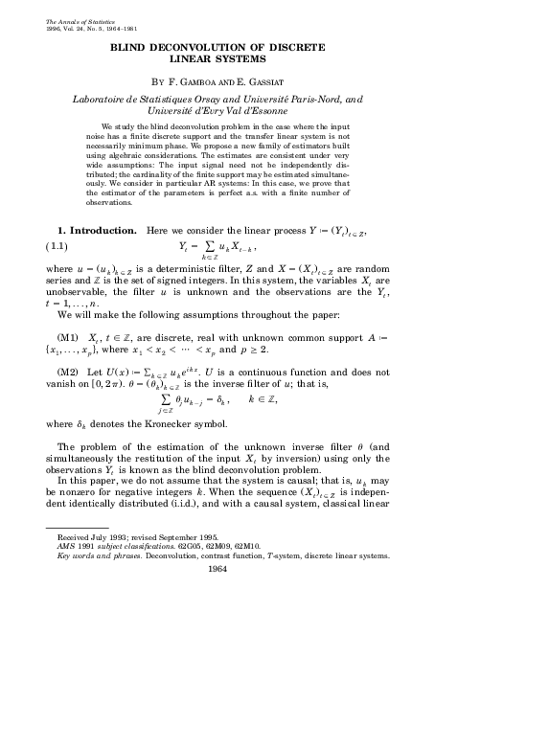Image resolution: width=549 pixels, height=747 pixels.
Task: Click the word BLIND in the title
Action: click(x=133, y=45)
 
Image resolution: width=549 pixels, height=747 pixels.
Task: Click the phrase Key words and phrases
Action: click(x=99, y=555)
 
